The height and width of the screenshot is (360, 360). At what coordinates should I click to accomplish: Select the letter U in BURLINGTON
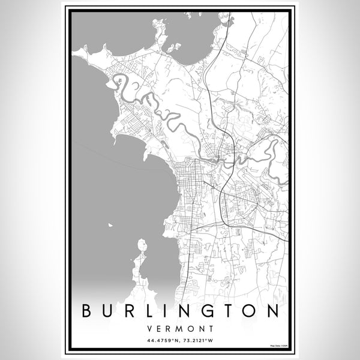(107, 311)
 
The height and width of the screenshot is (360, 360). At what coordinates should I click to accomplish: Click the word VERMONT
(179, 329)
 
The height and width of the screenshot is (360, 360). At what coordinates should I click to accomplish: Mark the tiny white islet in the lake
(110, 225)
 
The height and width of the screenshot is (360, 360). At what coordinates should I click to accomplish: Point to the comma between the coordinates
(179, 342)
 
